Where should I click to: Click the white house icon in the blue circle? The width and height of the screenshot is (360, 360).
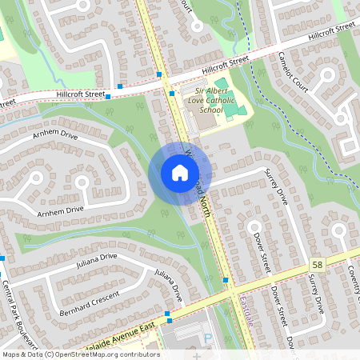179,173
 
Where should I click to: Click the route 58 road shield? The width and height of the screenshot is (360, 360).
318,264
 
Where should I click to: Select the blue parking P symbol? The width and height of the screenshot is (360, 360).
210,342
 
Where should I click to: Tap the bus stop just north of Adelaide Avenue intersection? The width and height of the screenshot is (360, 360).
226,280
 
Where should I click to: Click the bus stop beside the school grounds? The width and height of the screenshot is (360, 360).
172,94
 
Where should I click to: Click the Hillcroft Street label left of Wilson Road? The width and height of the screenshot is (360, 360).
81,94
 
